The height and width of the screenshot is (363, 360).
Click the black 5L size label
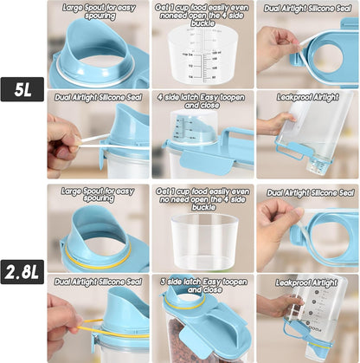click(x=22, y=89)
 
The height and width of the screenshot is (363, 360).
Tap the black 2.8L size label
click(x=22, y=274)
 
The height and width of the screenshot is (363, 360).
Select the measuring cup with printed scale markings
click(x=203, y=57)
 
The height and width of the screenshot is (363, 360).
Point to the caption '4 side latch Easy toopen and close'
click(x=203, y=102)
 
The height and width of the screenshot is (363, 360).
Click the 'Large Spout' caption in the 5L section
click(x=99, y=10)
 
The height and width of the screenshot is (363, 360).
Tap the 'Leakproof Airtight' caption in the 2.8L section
click(x=307, y=282)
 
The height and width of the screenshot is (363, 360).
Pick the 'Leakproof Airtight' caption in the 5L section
click(x=307, y=98)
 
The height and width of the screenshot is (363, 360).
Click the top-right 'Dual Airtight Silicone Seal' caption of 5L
click(x=307, y=10)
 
